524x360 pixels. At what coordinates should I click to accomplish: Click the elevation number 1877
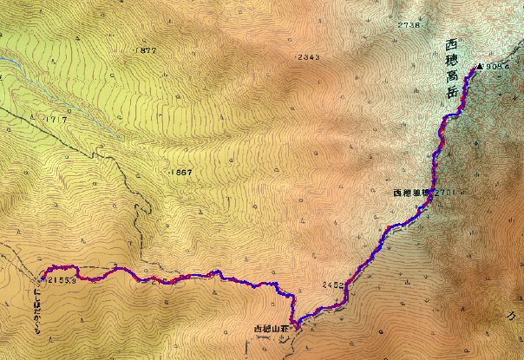coord(146,51)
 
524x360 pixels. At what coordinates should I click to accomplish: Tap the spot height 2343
coord(308,57)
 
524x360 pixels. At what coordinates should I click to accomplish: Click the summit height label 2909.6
coord(502,66)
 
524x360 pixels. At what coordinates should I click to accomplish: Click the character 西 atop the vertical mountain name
coord(449,45)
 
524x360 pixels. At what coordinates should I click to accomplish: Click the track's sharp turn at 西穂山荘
coord(295,327)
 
